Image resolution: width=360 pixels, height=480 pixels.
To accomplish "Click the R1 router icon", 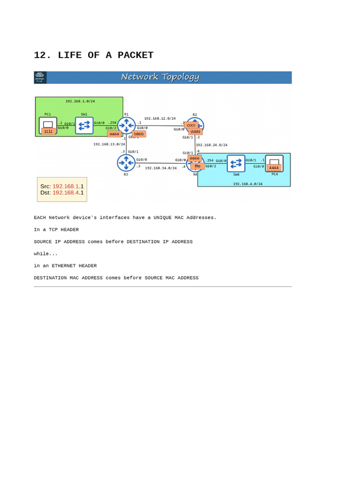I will tap(126, 125).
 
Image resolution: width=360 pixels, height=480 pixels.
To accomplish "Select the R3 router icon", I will tap(126, 163).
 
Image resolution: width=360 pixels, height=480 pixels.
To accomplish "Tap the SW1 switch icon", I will tap(84, 126).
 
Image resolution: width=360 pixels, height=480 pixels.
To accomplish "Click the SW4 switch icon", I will tap(236, 164).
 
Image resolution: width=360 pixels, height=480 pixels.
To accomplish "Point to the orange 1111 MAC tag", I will tap(48, 131).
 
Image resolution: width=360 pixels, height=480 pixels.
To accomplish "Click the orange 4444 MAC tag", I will tap(274, 168).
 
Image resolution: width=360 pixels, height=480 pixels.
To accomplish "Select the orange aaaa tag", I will tap(114, 134).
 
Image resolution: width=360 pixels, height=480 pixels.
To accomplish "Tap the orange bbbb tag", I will tap(139, 134).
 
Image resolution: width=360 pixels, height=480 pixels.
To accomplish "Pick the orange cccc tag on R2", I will tap(191, 125).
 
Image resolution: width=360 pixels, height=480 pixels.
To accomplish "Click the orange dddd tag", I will tap(195, 132).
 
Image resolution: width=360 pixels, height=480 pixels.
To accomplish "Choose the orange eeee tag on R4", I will tap(195, 158).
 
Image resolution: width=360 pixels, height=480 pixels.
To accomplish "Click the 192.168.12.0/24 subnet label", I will tap(160, 119).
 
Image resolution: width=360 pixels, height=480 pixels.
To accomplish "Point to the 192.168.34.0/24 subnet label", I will tap(161, 168).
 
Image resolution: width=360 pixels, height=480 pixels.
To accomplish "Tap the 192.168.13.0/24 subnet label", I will tap(109, 144).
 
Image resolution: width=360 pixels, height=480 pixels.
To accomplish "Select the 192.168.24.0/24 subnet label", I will tap(211, 145).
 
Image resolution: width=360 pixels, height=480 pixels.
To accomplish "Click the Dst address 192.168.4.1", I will tap(68, 193).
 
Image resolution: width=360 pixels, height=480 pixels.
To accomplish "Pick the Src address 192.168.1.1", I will tap(68, 186).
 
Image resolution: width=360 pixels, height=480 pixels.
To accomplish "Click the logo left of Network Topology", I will tap(40, 77).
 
